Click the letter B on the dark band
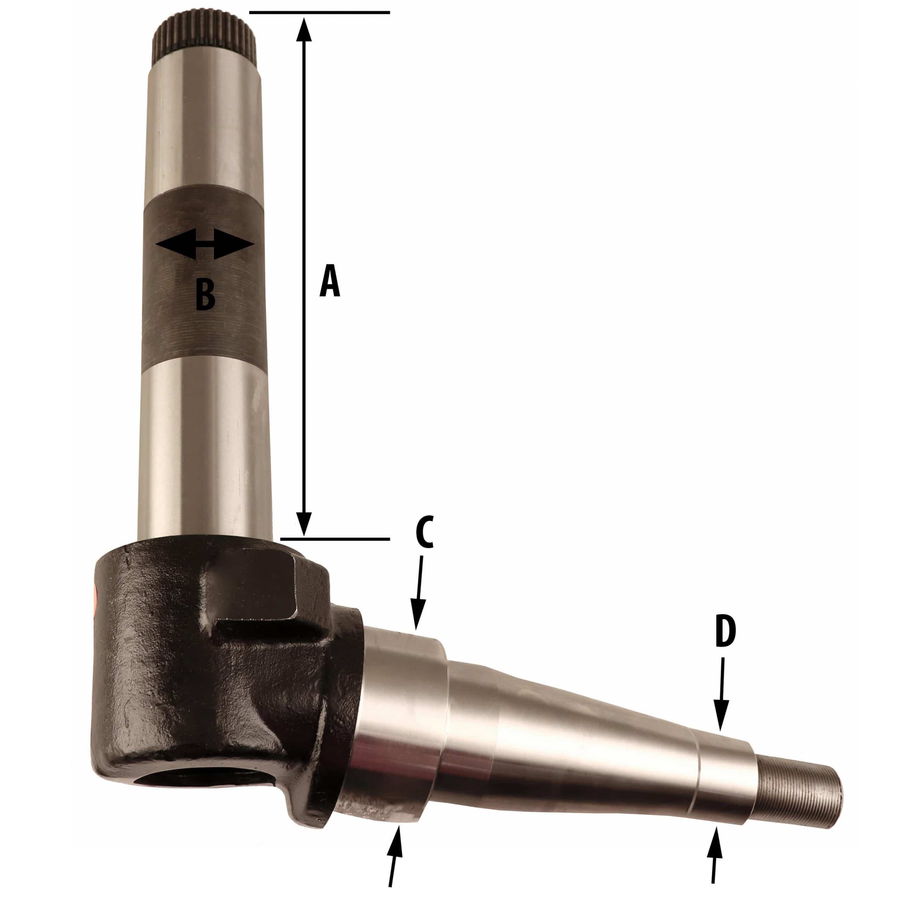tap(205, 294)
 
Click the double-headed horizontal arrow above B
tap(205, 244)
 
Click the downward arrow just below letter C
tap(418, 593)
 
